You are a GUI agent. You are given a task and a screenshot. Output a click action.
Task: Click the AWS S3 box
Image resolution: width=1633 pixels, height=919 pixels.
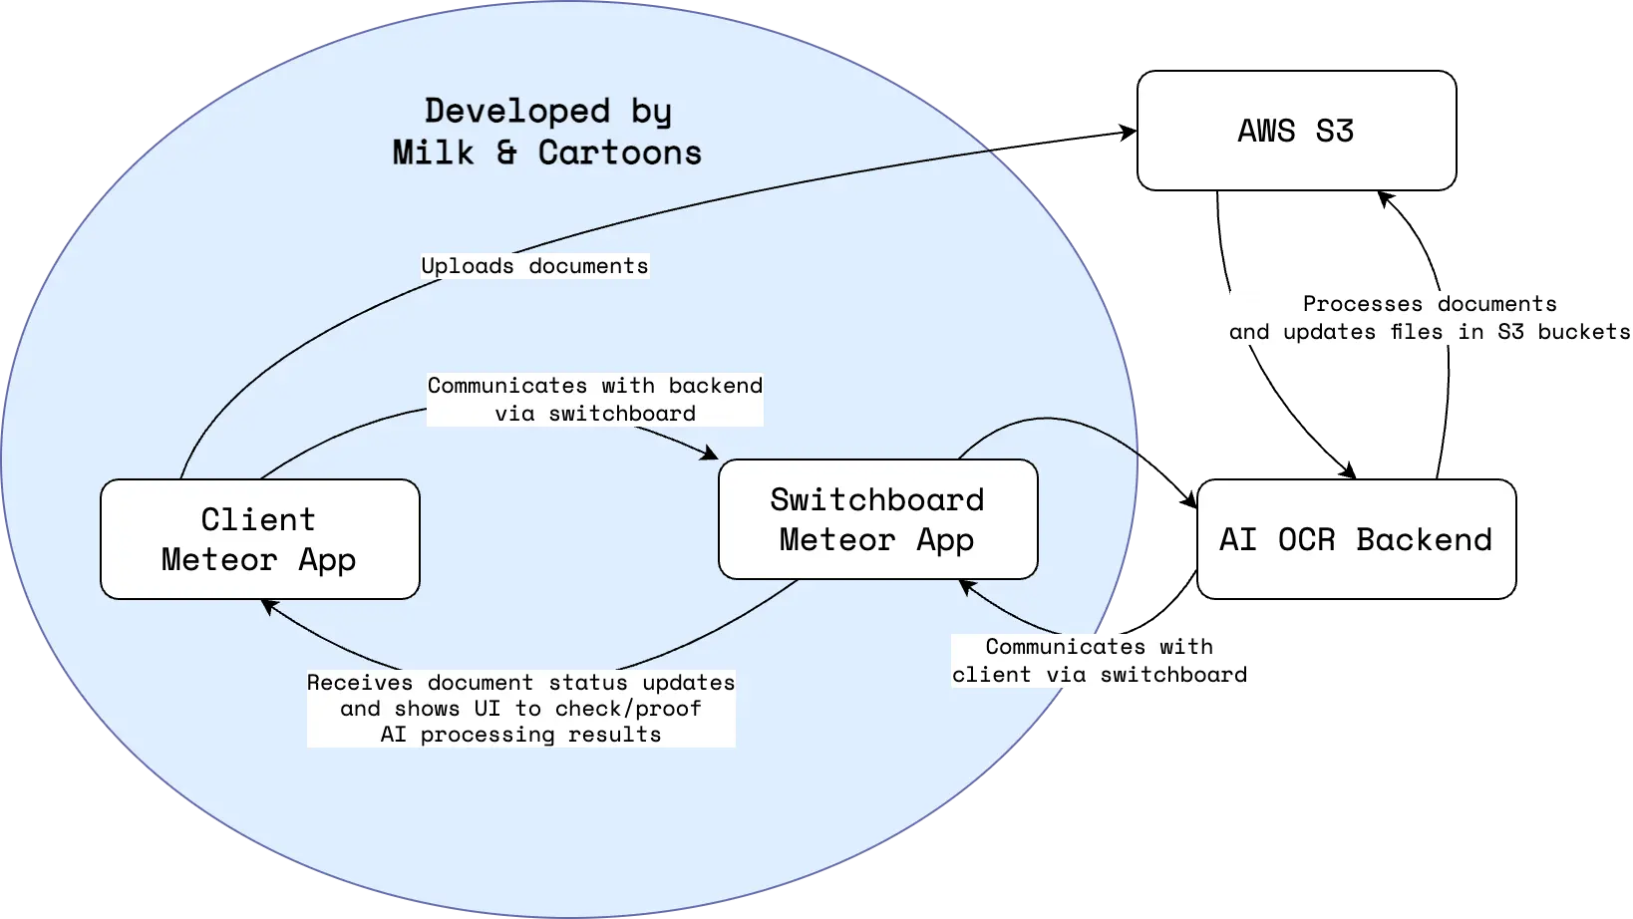pyautogui.click(x=1296, y=131)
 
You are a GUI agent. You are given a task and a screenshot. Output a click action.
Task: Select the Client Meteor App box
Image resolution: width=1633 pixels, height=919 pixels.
pyautogui.click(x=259, y=539)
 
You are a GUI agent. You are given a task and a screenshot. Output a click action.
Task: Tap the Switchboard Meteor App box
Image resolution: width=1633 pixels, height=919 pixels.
pyautogui.click(x=877, y=519)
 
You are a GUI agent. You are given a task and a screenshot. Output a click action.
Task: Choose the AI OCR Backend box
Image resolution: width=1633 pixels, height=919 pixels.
pyautogui.click(x=1356, y=539)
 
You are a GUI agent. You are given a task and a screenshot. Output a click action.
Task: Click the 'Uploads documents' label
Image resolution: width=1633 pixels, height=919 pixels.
pyautogui.click(x=534, y=266)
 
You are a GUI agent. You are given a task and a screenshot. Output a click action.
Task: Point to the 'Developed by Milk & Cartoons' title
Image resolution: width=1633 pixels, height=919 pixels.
pyautogui.click(x=547, y=131)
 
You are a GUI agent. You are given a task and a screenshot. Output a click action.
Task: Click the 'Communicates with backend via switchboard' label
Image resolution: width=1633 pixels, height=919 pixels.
pyautogui.click(x=595, y=399)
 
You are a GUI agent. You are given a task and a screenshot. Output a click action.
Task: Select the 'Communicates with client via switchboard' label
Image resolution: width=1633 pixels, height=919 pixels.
pyautogui.click(x=1100, y=661)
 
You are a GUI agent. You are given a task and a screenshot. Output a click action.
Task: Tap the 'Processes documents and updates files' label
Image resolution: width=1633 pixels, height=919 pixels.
pyautogui.click(x=1430, y=318)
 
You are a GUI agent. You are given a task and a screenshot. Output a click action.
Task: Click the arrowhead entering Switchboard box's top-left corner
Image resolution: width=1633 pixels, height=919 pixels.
pyautogui.click(x=711, y=455)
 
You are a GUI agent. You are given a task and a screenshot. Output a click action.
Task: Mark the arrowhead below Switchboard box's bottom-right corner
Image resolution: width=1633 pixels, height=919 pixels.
pyautogui.click(x=965, y=585)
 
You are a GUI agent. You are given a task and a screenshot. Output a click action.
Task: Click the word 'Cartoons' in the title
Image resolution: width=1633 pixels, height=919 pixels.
pyautogui.click(x=619, y=153)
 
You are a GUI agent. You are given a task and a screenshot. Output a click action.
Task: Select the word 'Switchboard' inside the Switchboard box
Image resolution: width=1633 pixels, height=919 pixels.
pyautogui.click(x=877, y=499)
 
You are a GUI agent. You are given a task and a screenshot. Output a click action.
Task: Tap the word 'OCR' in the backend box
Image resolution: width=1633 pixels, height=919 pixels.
pyautogui.click(x=1305, y=539)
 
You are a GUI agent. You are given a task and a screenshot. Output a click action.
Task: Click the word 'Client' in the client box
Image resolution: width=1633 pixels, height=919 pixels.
pyautogui.click(x=258, y=519)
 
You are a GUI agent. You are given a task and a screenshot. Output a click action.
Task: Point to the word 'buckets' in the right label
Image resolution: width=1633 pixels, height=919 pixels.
pyautogui.click(x=1583, y=332)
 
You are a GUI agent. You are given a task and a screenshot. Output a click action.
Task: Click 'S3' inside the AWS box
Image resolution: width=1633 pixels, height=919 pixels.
pyautogui.click(x=1334, y=131)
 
